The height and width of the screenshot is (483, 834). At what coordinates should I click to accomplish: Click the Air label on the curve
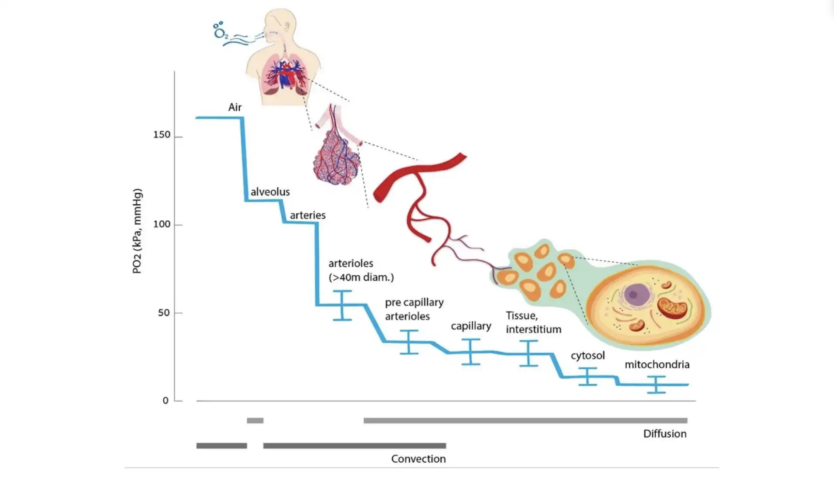click(x=235, y=107)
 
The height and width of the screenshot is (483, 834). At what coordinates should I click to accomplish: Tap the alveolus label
click(x=270, y=192)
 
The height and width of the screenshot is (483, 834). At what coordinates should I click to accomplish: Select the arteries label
click(x=308, y=215)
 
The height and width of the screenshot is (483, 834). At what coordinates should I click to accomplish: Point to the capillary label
click(x=471, y=326)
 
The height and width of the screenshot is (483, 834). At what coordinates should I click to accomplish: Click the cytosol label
click(x=587, y=356)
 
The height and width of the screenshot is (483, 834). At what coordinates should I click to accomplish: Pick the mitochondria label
click(x=657, y=365)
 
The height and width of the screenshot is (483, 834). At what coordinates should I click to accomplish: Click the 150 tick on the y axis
click(x=162, y=135)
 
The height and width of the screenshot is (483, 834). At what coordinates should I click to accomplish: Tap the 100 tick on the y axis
click(x=162, y=225)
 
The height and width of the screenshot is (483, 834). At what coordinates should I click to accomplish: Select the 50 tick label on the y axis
click(x=164, y=313)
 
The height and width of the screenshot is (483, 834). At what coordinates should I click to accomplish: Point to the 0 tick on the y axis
click(x=166, y=401)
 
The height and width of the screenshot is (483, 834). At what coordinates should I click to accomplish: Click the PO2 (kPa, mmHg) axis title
click(x=137, y=231)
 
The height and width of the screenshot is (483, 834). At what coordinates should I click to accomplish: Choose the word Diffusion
click(x=664, y=434)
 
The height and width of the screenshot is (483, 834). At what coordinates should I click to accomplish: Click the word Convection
click(x=418, y=459)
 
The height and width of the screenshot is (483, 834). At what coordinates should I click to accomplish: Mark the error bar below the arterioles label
click(x=342, y=305)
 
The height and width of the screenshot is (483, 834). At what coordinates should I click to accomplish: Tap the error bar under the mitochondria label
click(x=656, y=385)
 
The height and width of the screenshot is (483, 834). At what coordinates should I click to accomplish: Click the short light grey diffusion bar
click(x=255, y=421)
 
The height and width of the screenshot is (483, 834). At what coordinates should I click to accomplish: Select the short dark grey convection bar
click(x=221, y=446)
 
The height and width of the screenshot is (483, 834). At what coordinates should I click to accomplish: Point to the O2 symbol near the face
click(x=220, y=32)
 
